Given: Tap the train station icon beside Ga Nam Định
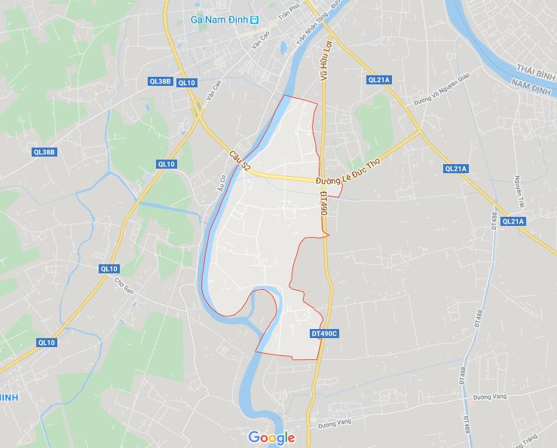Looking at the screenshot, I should (x=256, y=19).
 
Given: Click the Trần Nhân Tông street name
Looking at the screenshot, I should (x=313, y=35).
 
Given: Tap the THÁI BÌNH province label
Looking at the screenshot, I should (x=528, y=66).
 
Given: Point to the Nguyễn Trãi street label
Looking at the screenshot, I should (x=519, y=188).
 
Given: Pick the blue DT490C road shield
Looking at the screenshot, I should (x=325, y=333).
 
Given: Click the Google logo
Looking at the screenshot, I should (x=271, y=437).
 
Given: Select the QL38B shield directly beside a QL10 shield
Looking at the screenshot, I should (x=160, y=81).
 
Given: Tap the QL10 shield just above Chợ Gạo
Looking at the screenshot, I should (x=109, y=269).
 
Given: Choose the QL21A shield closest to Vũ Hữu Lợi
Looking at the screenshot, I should (x=378, y=80).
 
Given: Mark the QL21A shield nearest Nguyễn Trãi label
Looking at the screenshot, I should (x=513, y=221).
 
